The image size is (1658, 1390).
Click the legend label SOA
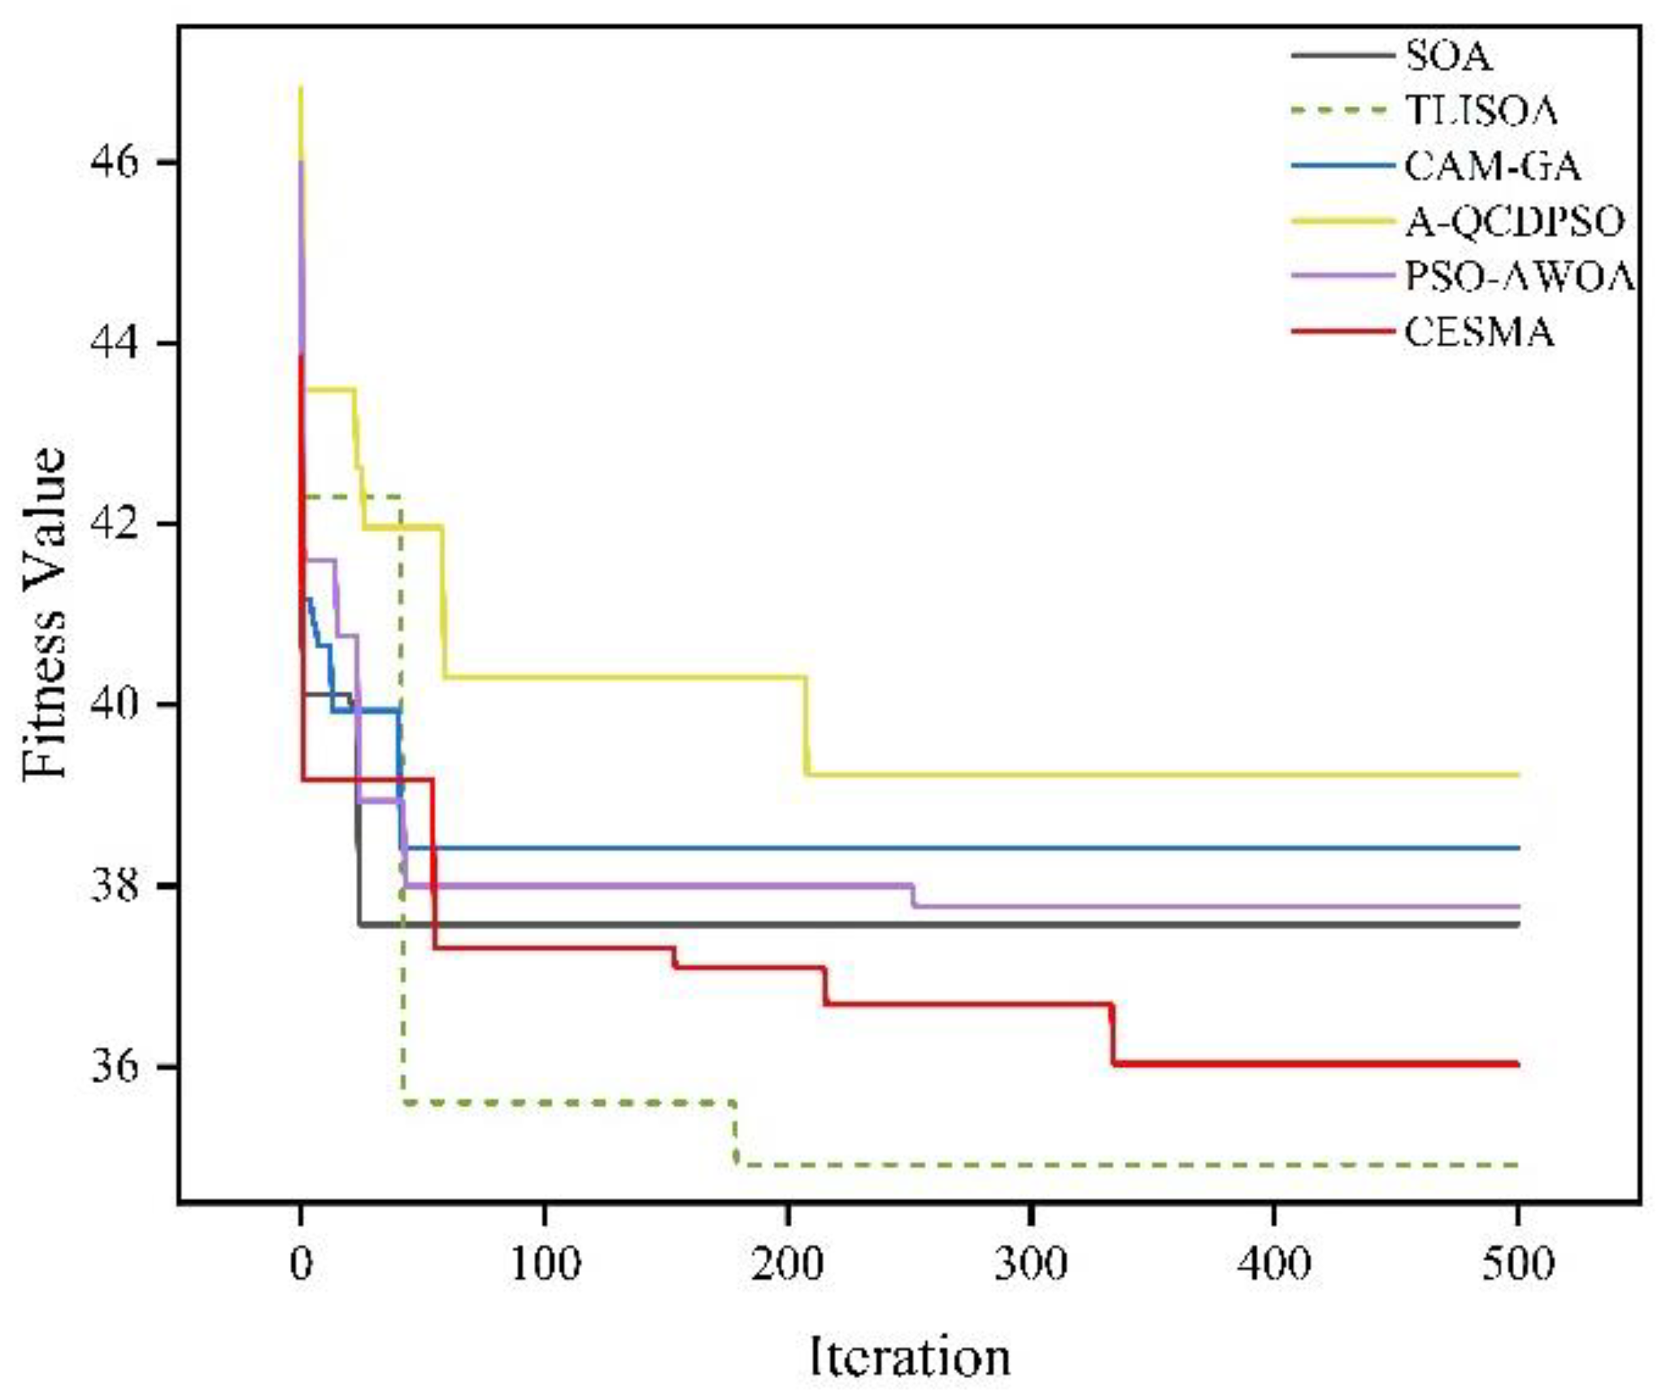pyautogui.click(x=1448, y=58)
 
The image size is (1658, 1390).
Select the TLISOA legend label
pyautogui.click(x=1481, y=111)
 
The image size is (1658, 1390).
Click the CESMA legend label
pyautogui.click(x=1479, y=333)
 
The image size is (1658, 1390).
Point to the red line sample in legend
pyautogui.click(x=1343, y=332)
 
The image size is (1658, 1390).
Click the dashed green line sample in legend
pyautogui.click(x=1343, y=111)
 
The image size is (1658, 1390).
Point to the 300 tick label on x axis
pyautogui.click(x=1030, y=1264)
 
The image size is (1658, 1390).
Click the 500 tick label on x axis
pyautogui.click(x=1517, y=1264)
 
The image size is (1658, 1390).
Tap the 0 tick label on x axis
pyautogui.click(x=300, y=1264)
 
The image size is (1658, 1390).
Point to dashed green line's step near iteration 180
pyautogui.click(x=736, y=1133)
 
